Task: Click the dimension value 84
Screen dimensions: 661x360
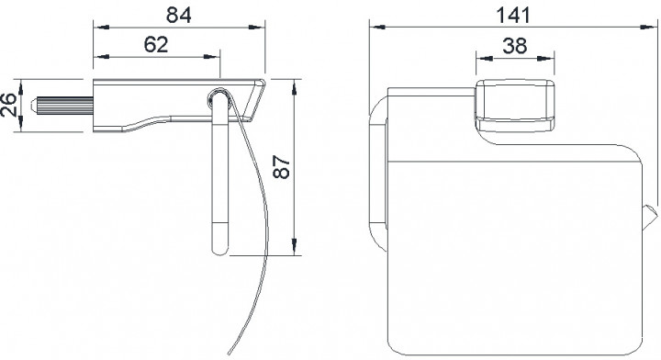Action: (179, 15)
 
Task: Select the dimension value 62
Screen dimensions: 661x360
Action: (156, 44)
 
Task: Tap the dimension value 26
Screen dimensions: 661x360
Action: (8, 105)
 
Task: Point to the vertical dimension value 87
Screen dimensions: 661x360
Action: (281, 167)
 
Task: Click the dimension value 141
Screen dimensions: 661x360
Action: (513, 16)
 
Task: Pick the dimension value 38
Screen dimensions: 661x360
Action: (515, 45)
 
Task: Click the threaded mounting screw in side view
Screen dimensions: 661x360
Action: (62, 105)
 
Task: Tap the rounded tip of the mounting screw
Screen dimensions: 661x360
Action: (34, 105)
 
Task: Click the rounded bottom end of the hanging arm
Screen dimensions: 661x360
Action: (220, 250)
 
